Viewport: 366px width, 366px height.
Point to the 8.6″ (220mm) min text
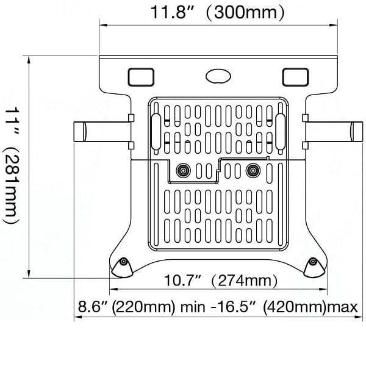point(130,306)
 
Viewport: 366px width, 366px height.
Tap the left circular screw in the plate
point(181,171)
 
